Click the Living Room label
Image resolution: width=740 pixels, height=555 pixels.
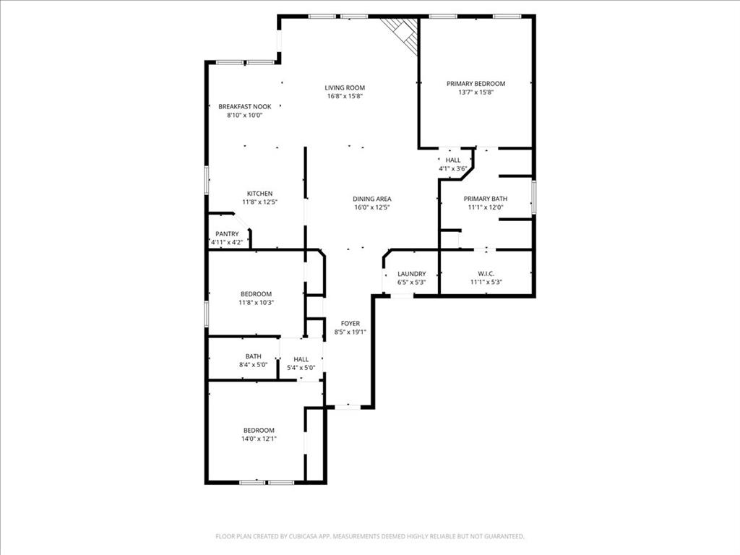point(345,87)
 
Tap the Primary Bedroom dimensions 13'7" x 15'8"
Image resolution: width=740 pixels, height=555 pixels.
point(476,92)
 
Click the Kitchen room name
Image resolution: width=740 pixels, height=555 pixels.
point(259,193)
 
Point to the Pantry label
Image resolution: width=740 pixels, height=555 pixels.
point(227,233)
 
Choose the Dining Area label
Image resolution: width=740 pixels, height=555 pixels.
point(372,199)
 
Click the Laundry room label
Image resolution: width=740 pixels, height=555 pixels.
point(411,274)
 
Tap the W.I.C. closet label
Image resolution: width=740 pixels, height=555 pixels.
point(486,274)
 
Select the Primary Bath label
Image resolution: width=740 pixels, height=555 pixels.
point(486,199)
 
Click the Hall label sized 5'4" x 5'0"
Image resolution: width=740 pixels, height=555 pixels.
point(301,359)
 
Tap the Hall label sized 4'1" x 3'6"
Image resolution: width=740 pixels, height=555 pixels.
point(453,160)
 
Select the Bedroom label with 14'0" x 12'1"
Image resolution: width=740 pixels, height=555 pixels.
point(259,430)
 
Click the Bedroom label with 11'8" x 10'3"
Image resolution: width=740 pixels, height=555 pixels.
point(256,293)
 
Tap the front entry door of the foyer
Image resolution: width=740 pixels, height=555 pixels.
point(348,407)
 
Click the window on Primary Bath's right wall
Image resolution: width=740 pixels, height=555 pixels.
point(533,198)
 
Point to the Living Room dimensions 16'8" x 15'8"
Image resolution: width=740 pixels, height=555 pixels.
point(345,96)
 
